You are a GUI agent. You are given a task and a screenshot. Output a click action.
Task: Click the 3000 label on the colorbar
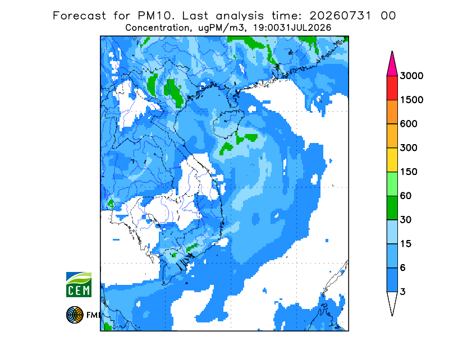[411, 76]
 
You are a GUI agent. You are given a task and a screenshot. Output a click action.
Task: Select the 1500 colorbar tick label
[411, 100]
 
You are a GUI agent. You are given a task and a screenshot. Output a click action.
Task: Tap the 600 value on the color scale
[409, 124]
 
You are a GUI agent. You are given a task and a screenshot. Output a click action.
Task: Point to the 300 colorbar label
[409, 148]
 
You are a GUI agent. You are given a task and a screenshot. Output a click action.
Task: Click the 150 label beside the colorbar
[409, 172]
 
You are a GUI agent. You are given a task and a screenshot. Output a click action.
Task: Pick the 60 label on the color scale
[406, 196]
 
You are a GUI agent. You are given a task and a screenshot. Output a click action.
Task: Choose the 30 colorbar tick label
[406, 220]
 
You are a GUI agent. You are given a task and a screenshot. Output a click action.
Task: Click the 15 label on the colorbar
[406, 244]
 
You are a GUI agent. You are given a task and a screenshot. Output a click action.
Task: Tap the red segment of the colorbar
[392, 88]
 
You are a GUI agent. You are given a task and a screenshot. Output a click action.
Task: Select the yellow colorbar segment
[392, 160]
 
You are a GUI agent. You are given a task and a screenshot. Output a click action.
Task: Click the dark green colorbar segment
[392, 208]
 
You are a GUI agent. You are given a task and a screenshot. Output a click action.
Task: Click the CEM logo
[79, 284]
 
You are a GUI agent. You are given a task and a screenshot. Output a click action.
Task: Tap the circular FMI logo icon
[75, 315]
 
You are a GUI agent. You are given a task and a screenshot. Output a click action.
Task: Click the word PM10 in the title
[156, 16]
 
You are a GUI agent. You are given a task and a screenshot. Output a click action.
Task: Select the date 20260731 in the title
[340, 16]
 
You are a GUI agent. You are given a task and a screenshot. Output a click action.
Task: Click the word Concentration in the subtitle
[157, 28]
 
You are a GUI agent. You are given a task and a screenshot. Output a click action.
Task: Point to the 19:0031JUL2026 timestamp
[292, 28]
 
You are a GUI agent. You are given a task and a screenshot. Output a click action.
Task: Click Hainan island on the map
[228, 123]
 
